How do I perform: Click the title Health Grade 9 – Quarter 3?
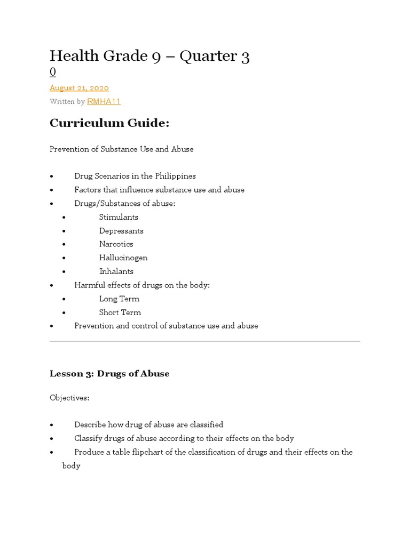tap(149, 56)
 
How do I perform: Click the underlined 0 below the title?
tap(53, 72)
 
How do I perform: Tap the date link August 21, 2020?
tap(79, 87)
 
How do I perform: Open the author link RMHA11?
tap(104, 101)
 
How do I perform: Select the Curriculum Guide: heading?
tap(109, 123)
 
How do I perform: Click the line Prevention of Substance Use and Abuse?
tap(121, 149)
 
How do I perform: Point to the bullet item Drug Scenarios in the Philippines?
tap(135, 176)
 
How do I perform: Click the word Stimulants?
tap(119, 217)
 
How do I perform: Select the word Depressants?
tap(121, 231)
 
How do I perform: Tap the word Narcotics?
tap(116, 244)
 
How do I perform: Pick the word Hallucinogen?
tap(123, 258)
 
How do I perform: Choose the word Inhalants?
tap(116, 271)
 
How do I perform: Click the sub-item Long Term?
tap(119, 299)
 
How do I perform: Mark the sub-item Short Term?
tap(120, 312)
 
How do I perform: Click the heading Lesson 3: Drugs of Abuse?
tap(109, 374)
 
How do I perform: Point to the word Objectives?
tap(70, 398)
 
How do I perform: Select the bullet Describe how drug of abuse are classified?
tap(148, 425)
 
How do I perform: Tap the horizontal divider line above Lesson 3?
tap(205, 341)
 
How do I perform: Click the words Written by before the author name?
tap(67, 101)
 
